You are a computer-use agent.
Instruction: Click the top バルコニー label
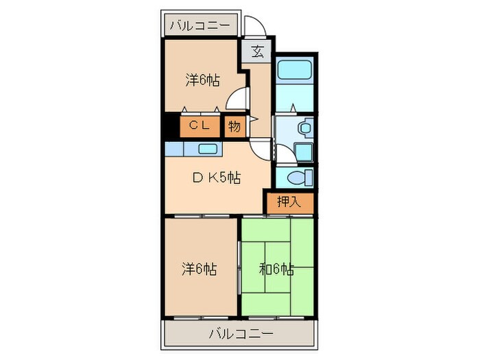[x=201, y=25]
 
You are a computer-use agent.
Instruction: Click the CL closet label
[x=199, y=125]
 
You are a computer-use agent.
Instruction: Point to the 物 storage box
[x=235, y=126]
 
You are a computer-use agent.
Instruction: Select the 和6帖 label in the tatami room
[x=278, y=268]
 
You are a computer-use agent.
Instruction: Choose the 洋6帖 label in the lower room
[x=200, y=268]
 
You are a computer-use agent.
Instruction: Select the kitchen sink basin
[x=208, y=148]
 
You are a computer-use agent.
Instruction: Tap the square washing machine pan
[x=301, y=150]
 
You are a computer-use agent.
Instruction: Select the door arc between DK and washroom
[x=261, y=146]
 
